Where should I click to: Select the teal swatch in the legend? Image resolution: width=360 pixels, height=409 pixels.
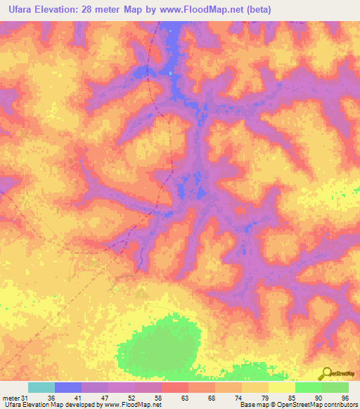(x=41, y=387)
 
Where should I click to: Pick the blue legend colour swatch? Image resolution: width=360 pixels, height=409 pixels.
(x=68, y=387)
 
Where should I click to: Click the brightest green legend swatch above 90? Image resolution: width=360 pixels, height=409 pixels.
(x=309, y=387)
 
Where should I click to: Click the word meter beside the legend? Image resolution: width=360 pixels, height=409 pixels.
(x=11, y=397)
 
